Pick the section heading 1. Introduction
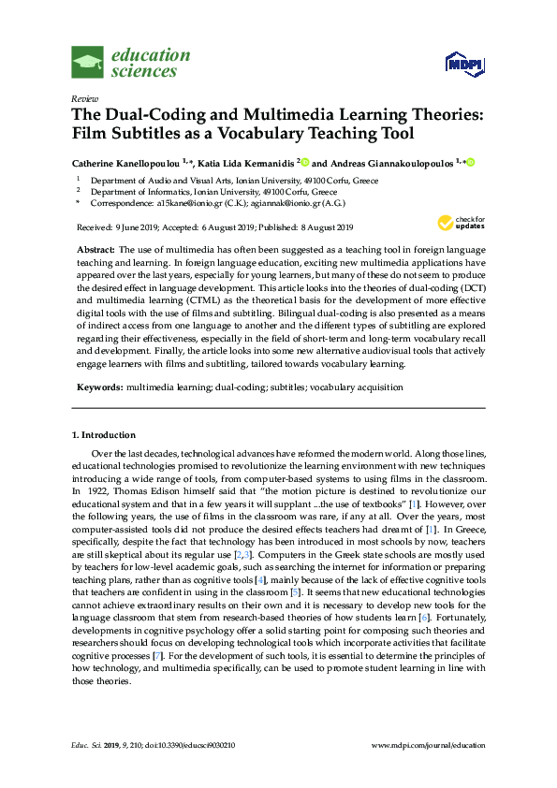click(104, 435)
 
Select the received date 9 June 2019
click(127, 227)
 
